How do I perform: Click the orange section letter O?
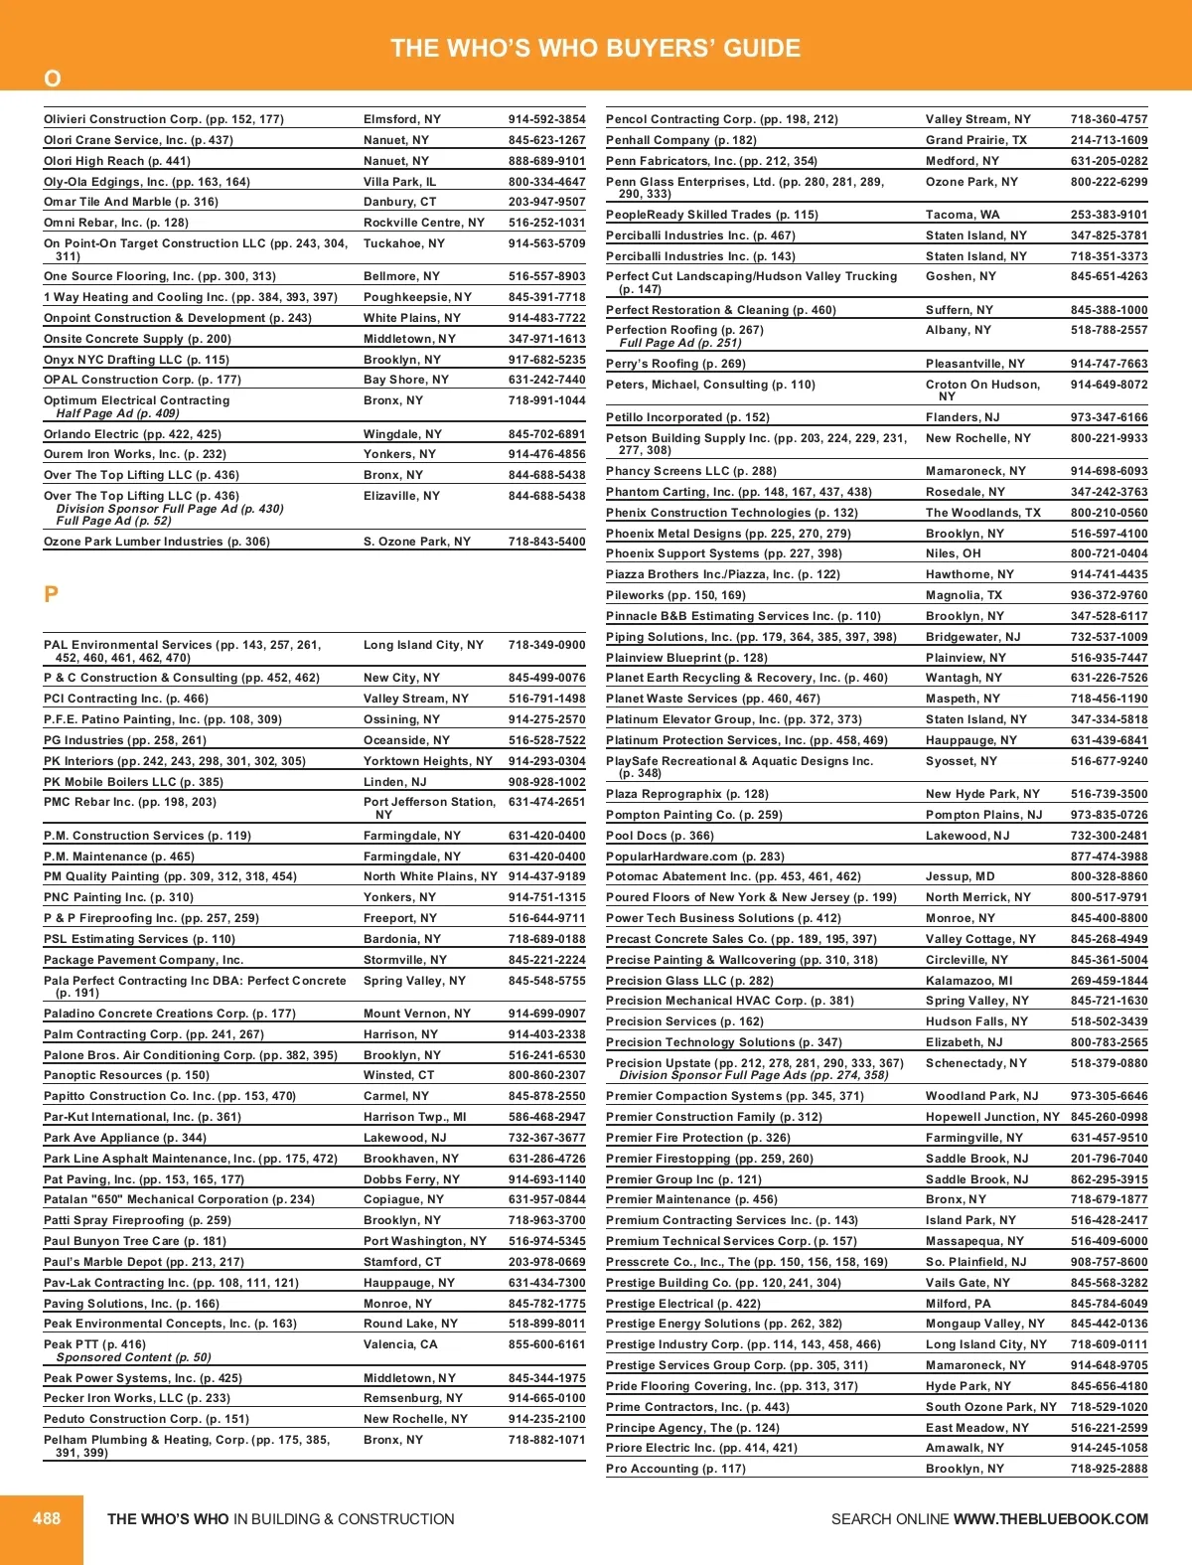pos(53,78)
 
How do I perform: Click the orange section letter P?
pos(52,594)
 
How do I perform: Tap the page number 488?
pos(47,1518)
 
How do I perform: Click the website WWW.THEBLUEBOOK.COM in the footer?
pos(1050,1519)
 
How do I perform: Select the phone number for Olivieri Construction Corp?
pos(546,119)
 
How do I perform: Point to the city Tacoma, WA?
pos(963,215)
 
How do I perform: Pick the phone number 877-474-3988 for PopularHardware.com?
pos(1109,857)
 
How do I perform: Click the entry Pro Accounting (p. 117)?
pos(675,1469)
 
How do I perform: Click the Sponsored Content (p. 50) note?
pos(133,1357)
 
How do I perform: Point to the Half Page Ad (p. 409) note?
pos(117,413)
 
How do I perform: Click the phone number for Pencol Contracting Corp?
pos(1109,119)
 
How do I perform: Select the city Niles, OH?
pos(954,553)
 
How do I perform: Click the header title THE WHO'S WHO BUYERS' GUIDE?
pos(595,48)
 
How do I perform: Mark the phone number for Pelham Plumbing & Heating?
pos(546,1440)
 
